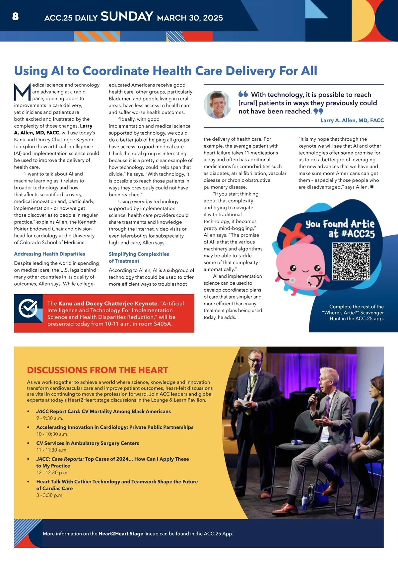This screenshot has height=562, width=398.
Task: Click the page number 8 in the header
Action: (x=15, y=16)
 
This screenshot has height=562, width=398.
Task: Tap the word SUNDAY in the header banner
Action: (x=127, y=16)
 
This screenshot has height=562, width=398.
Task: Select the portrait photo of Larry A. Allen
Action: (x=218, y=105)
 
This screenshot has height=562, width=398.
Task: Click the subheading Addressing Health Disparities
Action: (x=49, y=254)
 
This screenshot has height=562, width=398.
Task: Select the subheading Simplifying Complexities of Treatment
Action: (x=139, y=257)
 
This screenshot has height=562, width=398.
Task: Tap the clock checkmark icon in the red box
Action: (x=28, y=308)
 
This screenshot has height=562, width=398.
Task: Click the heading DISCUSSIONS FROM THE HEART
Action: (x=98, y=370)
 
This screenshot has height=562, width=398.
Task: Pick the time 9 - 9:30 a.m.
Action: (x=50, y=418)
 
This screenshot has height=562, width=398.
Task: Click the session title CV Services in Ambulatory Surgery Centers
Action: (x=88, y=443)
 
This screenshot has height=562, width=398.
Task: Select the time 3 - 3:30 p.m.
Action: (x=50, y=495)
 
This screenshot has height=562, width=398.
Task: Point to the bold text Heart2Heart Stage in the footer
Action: (x=121, y=534)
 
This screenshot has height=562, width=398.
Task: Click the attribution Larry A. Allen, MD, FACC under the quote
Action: (x=352, y=120)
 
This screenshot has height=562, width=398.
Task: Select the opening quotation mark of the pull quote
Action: (x=243, y=94)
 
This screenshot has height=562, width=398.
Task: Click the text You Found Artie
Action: (x=340, y=224)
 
